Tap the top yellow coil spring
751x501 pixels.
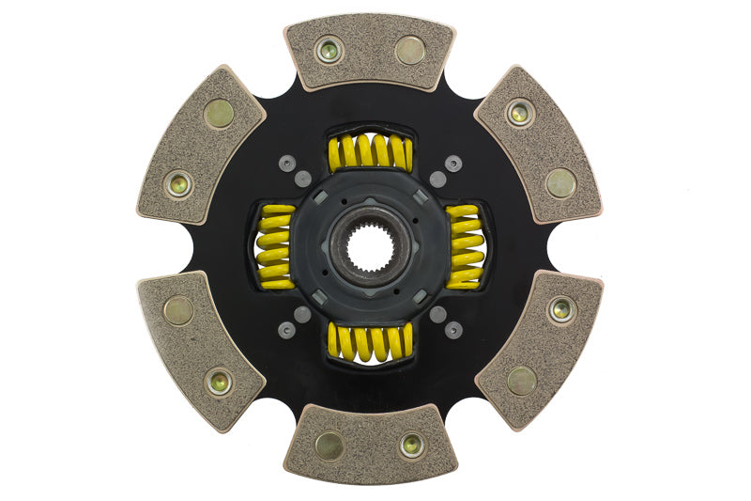coord(371,153)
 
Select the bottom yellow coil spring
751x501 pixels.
coord(371,342)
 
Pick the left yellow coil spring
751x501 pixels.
coord(274,247)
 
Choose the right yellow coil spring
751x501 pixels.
coord(466,246)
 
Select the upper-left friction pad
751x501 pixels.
coord(201,146)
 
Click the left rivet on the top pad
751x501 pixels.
coord(330,51)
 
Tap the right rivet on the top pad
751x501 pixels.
coord(410,50)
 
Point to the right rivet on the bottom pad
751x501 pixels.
coord(411,446)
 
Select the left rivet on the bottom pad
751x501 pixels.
coord(330,445)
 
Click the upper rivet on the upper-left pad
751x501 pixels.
coord(219,114)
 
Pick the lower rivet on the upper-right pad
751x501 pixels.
coord(561,182)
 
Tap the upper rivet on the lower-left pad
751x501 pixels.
coord(177,309)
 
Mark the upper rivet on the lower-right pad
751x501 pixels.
coord(561,308)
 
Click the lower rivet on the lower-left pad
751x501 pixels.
coord(220,381)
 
